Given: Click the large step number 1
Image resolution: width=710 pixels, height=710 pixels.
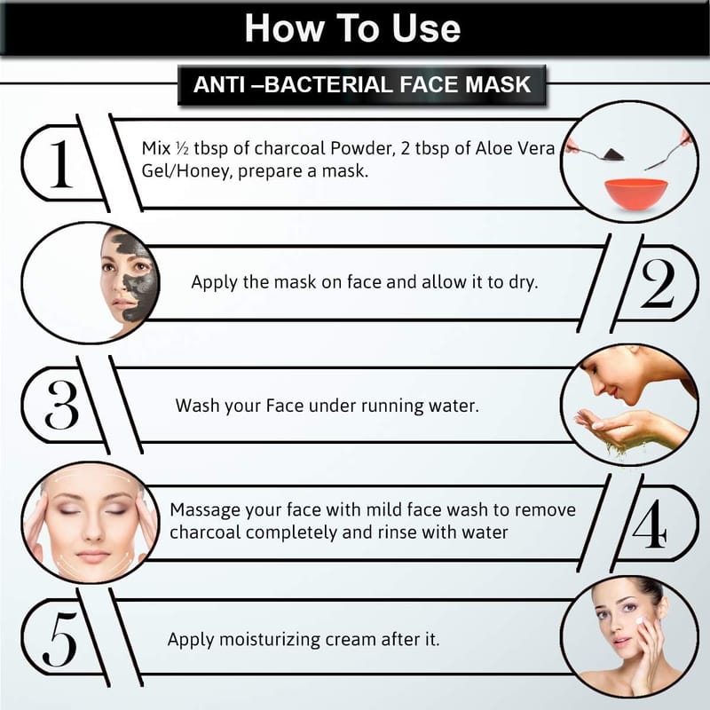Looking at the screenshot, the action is pyautogui.click(x=61, y=164).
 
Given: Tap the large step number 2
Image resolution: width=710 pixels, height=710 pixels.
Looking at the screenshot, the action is pyautogui.click(x=658, y=284).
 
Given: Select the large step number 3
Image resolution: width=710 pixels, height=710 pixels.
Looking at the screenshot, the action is pyautogui.click(x=62, y=405).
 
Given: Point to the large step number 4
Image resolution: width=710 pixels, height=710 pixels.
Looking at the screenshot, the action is pyautogui.click(x=650, y=525).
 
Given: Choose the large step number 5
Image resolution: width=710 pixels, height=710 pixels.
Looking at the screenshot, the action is pyautogui.click(x=59, y=639).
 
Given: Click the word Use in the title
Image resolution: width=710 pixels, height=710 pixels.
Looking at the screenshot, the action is pyautogui.click(x=426, y=28).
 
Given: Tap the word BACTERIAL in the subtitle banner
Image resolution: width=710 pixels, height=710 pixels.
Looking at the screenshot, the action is pyautogui.click(x=328, y=84).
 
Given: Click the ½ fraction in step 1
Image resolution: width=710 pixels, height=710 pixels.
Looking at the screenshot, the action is pyautogui.click(x=182, y=148).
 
